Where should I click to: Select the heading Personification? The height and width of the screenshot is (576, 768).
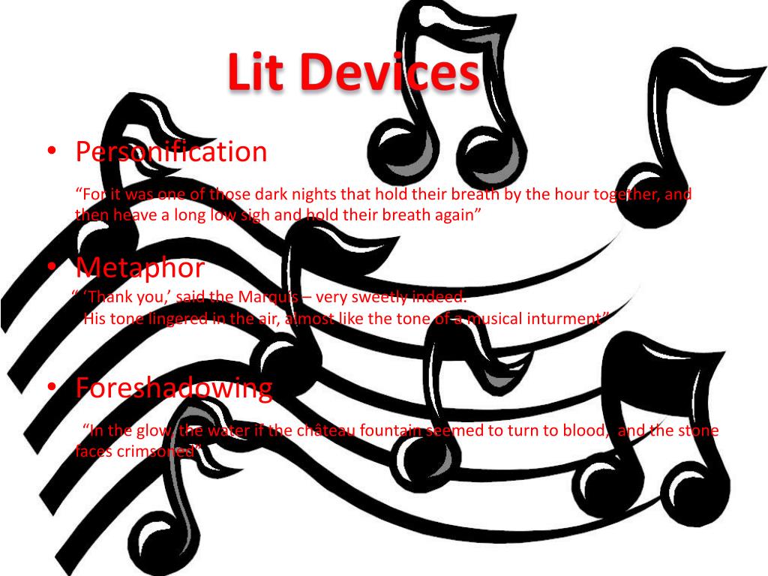click(171, 152)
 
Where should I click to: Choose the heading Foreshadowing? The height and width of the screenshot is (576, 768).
click(173, 388)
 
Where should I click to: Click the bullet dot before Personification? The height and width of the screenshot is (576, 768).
click(50, 151)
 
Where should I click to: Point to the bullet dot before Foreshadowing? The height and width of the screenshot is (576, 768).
click(50, 387)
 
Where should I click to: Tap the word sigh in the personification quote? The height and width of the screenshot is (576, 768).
click(242, 214)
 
